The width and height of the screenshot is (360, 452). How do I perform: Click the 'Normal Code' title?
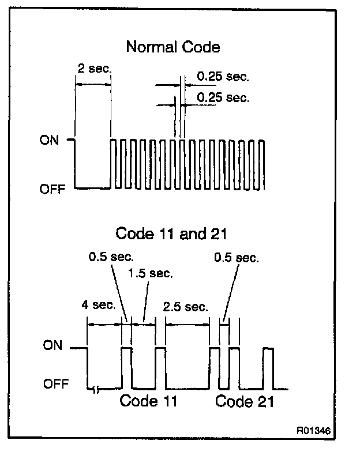pos(172,47)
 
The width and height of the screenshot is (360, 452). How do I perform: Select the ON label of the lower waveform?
pos(52,346)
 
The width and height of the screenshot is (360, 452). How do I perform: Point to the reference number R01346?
pos(314,431)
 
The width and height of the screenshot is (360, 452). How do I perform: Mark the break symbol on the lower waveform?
pos(95,389)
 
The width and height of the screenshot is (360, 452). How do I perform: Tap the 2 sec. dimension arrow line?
pos(92,84)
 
